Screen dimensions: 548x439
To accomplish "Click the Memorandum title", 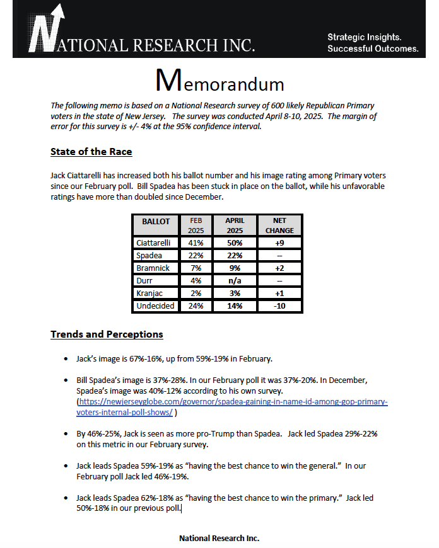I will tap(220, 83).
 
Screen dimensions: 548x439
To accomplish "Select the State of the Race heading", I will tap(91, 152).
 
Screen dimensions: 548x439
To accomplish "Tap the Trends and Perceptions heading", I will tap(107, 334).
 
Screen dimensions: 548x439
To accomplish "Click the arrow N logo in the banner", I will tap(45, 29).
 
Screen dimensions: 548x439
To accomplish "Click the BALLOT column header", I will tap(156, 222).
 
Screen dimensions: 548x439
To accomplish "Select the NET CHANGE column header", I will tap(279, 225).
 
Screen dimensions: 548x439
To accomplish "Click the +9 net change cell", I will tap(279, 243).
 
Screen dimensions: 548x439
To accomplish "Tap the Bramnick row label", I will tap(153, 268).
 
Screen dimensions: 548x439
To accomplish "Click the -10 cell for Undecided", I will tap(279, 306).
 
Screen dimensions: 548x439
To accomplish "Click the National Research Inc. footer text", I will tap(219, 539).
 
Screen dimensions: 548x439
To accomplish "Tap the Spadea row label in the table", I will tap(150, 255).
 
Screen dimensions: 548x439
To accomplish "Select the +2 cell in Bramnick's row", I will tap(279, 268).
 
